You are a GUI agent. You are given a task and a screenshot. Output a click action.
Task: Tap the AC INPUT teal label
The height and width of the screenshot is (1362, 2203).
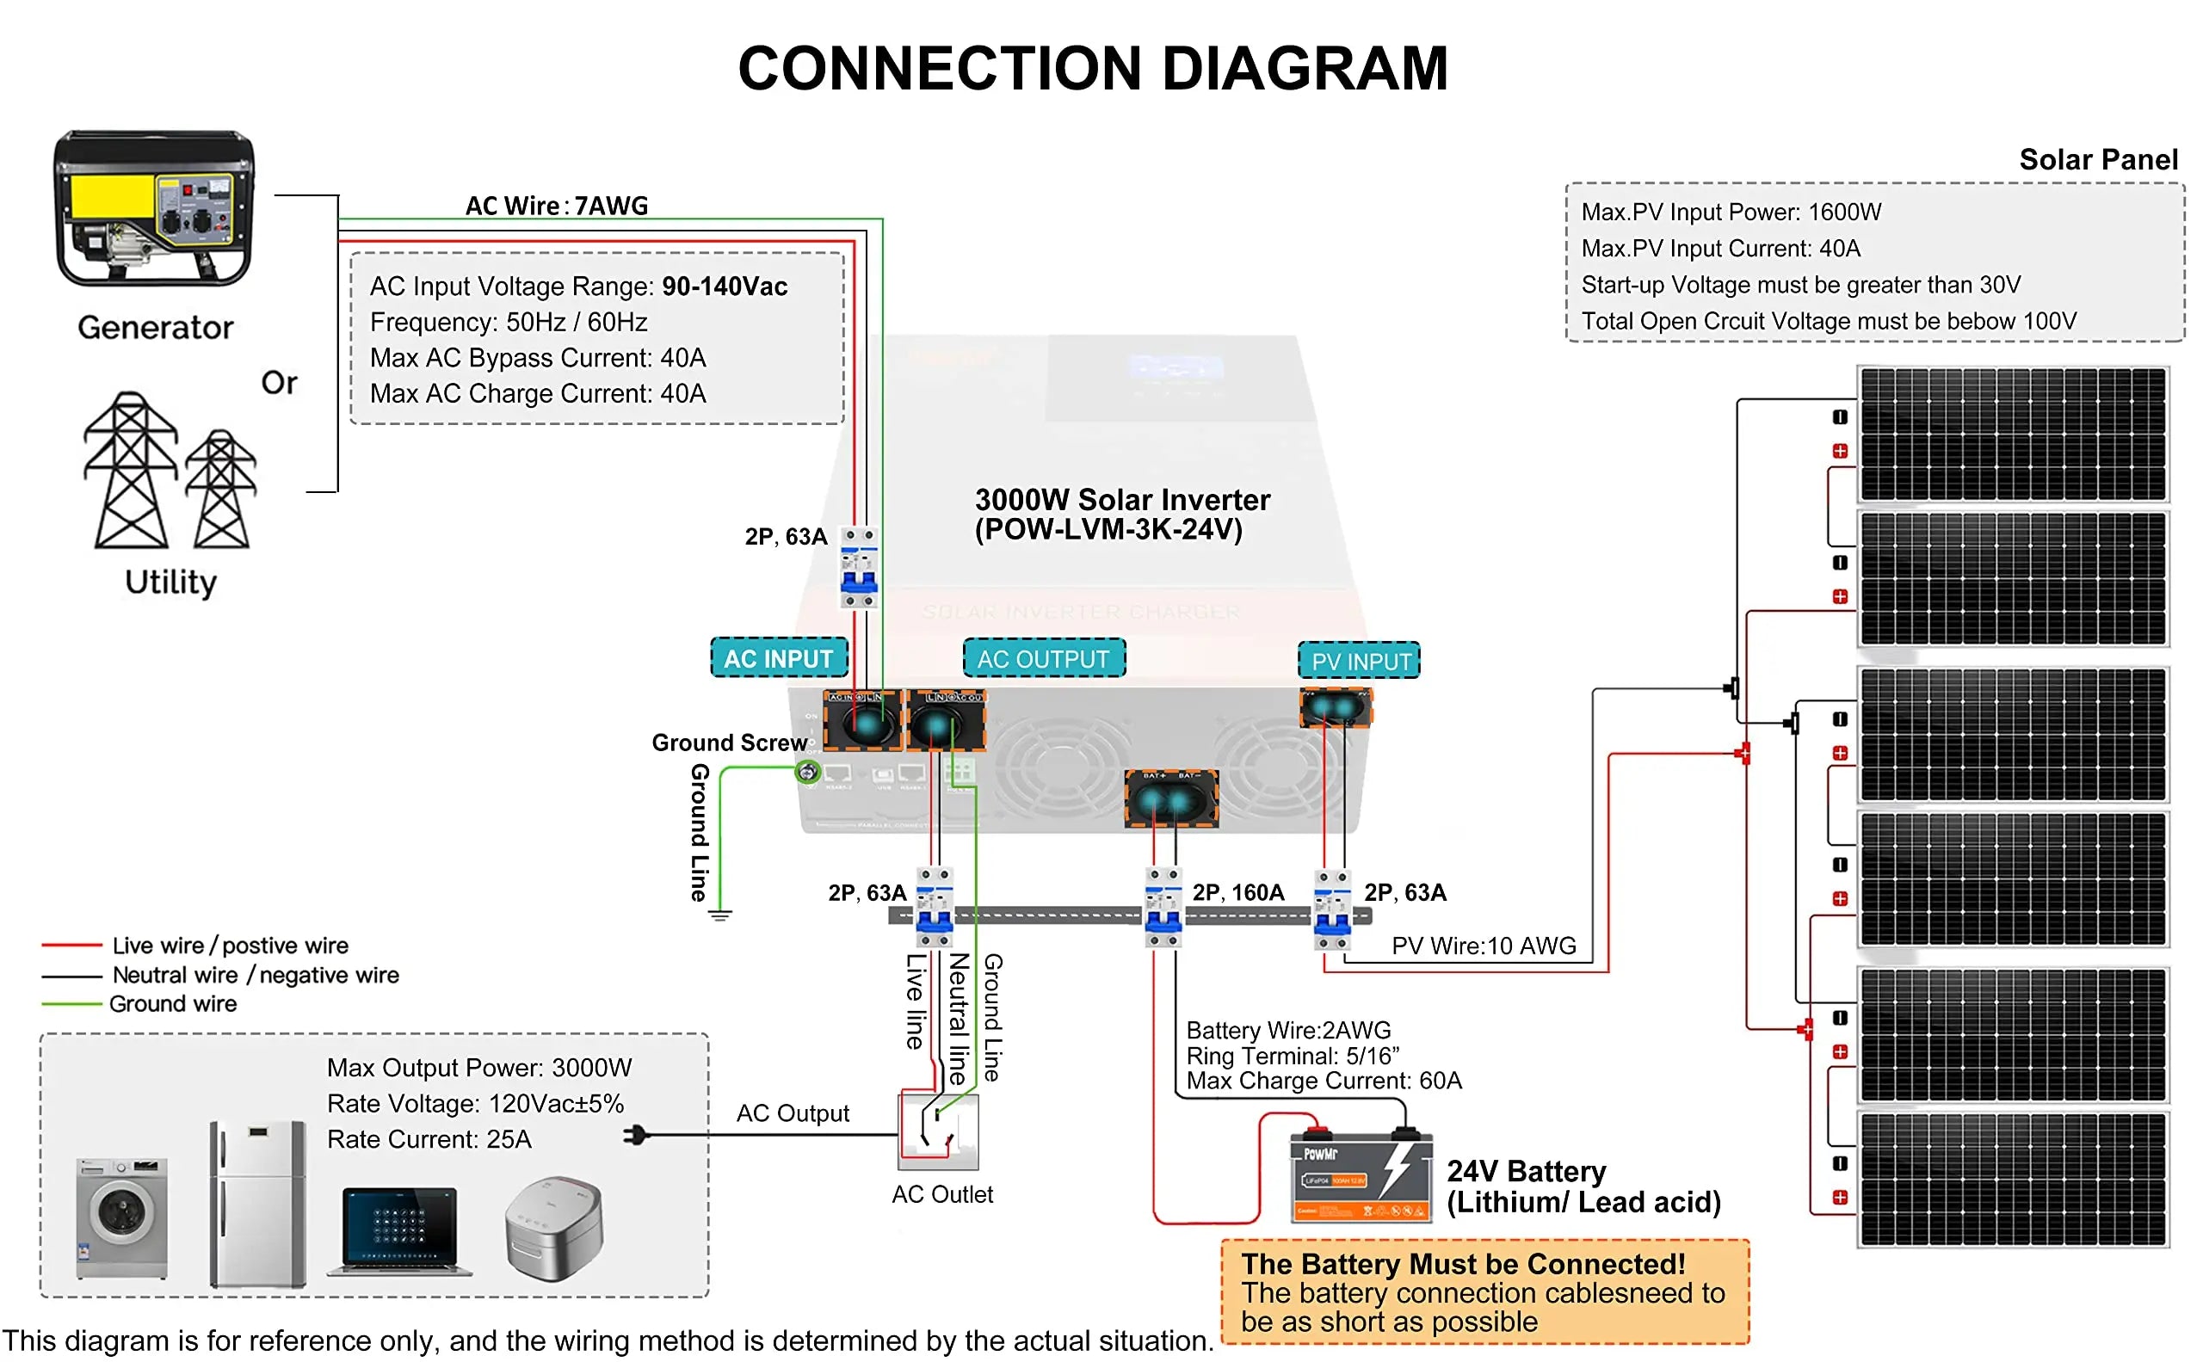point(779,658)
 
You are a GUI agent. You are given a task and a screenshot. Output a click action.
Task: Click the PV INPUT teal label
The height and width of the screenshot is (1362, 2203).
point(1360,661)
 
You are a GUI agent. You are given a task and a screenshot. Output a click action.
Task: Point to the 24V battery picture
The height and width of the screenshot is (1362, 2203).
point(1361,1175)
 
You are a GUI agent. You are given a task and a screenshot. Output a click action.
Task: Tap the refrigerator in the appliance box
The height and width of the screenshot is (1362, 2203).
point(257,1203)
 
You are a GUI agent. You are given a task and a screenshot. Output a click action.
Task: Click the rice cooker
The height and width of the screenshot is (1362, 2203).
point(553,1228)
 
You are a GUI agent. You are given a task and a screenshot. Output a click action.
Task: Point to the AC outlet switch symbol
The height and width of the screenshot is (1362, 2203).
point(938,1131)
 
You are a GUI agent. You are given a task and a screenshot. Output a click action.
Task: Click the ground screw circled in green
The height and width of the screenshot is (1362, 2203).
point(807,771)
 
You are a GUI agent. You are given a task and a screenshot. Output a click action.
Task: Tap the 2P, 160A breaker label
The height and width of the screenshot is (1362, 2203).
point(1238,893)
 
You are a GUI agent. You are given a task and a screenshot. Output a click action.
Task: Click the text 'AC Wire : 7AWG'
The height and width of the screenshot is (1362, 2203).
point(556,206)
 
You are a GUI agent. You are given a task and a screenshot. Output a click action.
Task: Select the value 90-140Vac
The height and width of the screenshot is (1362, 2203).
point(725,287)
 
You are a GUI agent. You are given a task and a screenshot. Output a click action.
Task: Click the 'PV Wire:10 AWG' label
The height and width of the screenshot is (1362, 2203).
point(1483,946)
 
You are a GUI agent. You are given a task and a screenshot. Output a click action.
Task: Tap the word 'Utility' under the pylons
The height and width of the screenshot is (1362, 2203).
point(170,582)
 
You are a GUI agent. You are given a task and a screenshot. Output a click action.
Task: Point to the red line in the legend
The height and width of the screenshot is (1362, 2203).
point(72,945)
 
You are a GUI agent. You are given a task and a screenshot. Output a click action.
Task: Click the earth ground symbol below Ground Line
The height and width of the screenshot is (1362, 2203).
point(720,916)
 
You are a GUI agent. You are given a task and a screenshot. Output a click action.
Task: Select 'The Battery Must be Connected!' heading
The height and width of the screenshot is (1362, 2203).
point(1462,1264)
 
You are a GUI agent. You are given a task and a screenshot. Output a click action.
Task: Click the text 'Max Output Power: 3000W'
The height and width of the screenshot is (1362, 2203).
point(479,1068)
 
